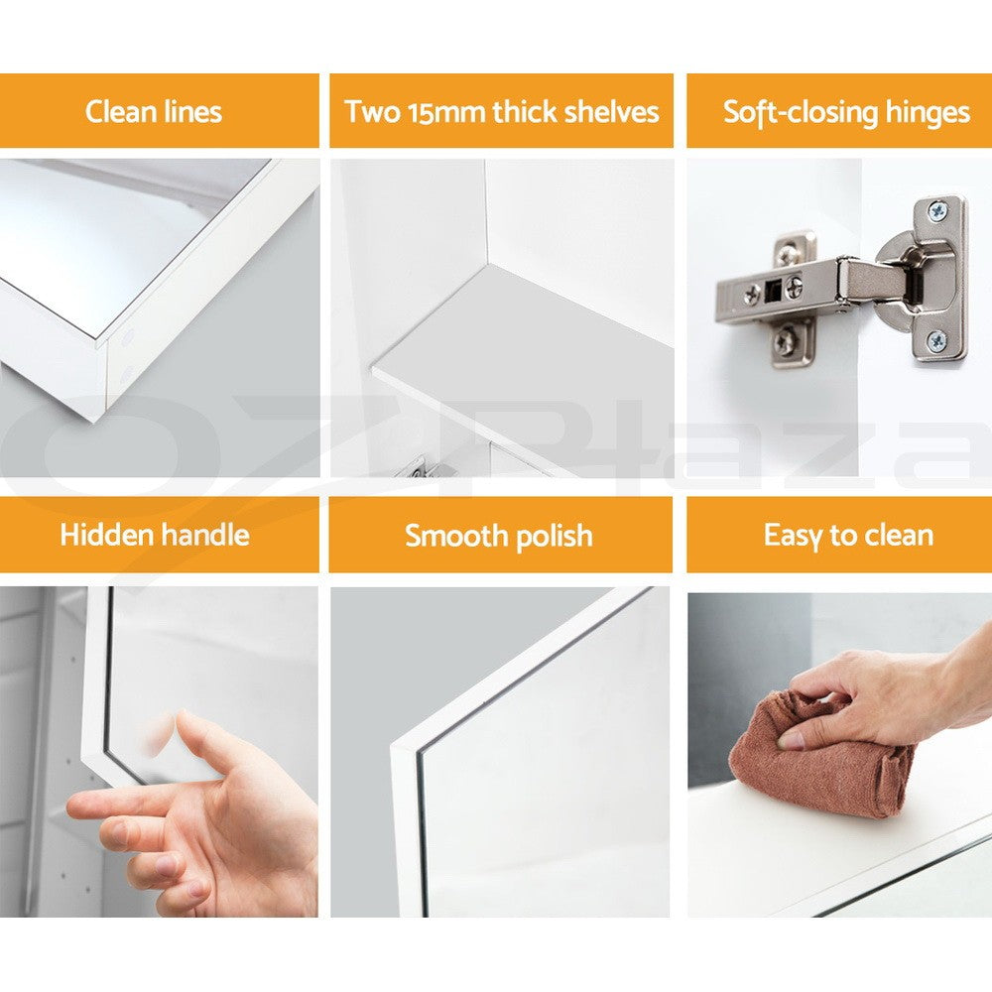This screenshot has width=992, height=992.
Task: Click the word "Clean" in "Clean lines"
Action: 121,112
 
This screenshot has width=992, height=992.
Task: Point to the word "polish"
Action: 555,537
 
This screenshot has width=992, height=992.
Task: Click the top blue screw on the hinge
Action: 936,211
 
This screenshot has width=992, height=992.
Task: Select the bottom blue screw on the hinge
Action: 936,341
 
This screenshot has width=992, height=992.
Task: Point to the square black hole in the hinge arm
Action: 772,291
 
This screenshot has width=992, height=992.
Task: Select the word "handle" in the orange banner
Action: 205,535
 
